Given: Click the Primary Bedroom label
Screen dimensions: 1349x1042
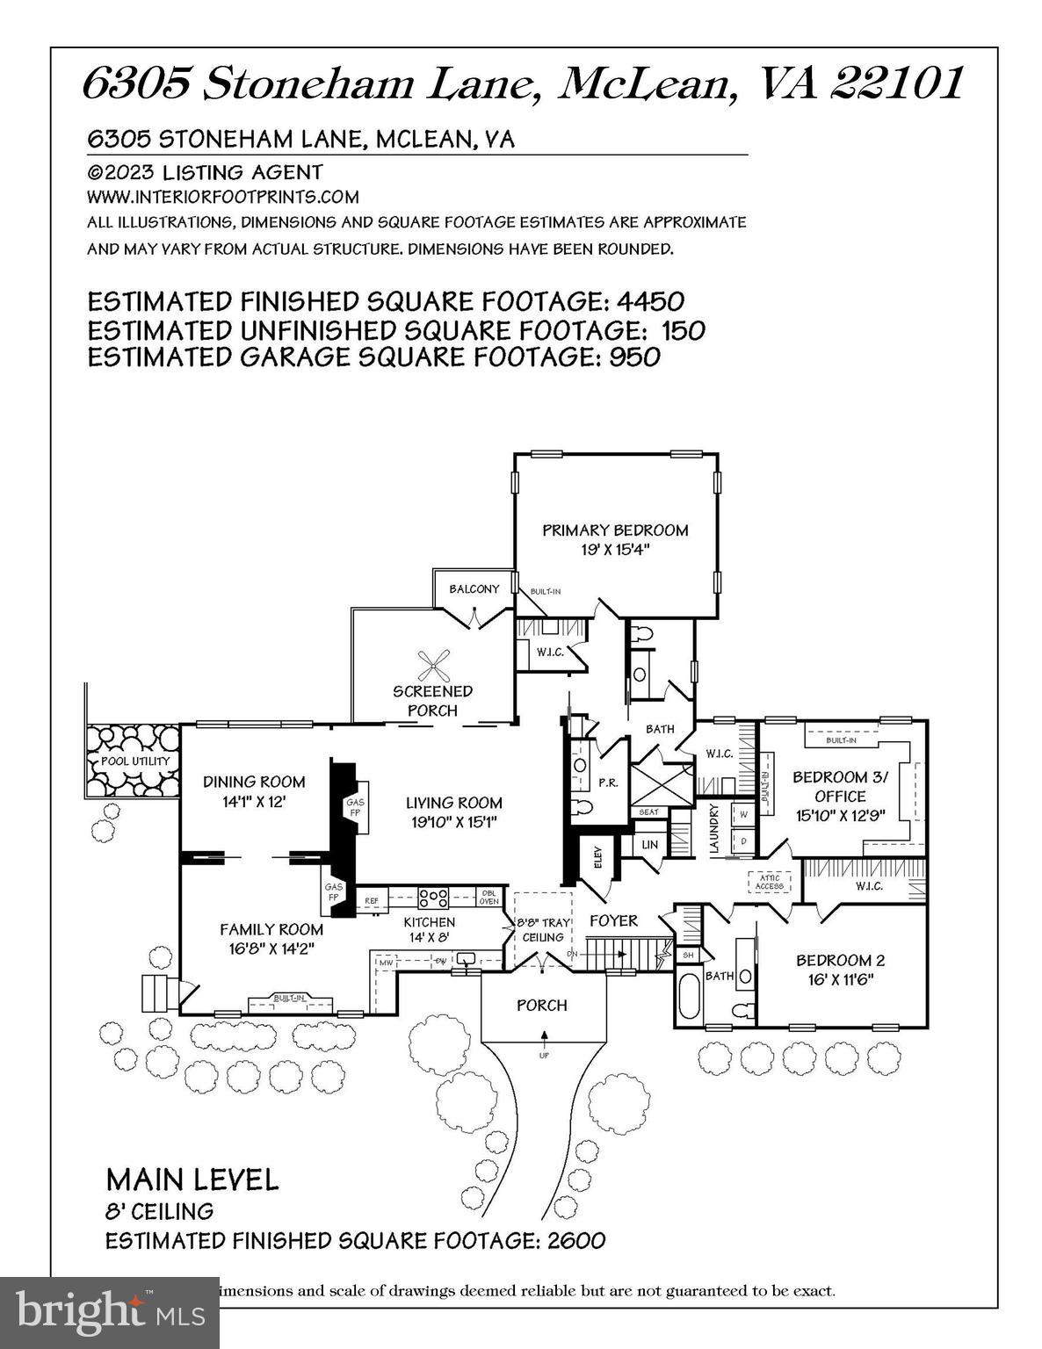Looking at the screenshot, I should coord(614,530).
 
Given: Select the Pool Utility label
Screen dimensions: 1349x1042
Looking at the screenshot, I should coord(134,761).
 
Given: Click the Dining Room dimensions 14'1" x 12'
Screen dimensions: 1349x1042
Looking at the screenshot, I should coord(254,802).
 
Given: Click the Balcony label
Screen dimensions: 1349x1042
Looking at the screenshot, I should coord(474,589).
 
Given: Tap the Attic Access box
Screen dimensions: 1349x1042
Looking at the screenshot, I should coord(769,881).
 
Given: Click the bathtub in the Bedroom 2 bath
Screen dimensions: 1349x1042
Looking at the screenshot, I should coord(688,996).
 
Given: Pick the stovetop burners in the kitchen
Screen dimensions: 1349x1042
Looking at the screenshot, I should coord(434,898).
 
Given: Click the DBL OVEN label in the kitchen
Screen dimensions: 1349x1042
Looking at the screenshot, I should coord(488,897).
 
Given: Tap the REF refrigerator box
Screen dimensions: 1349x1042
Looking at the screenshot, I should coord(372,901).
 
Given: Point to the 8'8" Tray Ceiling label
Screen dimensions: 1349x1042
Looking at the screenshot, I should coord(543,930).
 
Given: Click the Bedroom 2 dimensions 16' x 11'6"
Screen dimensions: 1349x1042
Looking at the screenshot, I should coord(835,979).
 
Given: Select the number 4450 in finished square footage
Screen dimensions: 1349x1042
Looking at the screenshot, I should coord(650,302).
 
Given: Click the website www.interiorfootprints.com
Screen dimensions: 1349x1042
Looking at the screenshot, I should coord(222,197).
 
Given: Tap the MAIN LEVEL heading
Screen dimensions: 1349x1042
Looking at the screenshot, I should coord(192,1179).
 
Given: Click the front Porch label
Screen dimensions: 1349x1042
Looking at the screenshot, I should coord(541,1005).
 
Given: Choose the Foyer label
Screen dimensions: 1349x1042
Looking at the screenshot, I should coord(613,920).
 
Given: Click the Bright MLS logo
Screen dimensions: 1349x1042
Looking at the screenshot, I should coord(109,1312).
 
